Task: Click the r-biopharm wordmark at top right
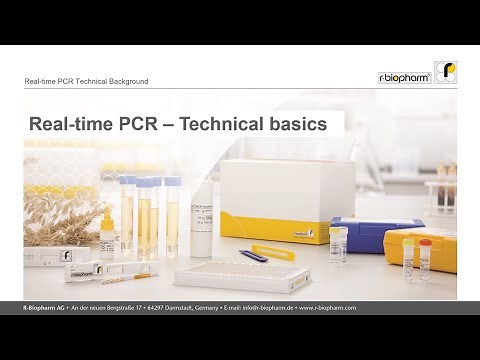pyautogui.click(x=404, y=77)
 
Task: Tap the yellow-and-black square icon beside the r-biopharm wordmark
pyautogui.click(x=445, y=73)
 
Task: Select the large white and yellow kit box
pyautogui.click(x=287, y=198)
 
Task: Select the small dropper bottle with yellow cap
pyautogui.click(x=339, y=244)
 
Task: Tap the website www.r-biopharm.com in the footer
pyautogui.click(x=324, y=308)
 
